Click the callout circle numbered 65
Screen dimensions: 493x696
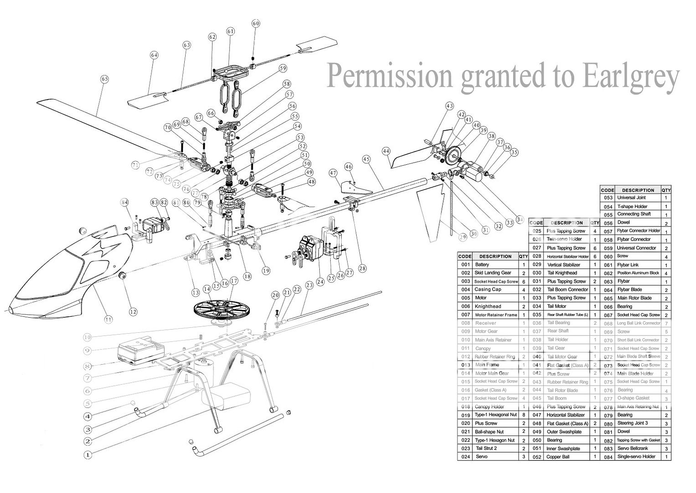pos(105,79)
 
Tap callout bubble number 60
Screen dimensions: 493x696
pos(255,23)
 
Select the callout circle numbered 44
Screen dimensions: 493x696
pos(386,151)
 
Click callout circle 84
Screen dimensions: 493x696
pos(124,202)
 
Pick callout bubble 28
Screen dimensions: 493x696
pos(362,268)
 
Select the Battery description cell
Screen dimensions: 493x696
pos(482,265)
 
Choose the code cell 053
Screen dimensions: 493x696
pos(608,198)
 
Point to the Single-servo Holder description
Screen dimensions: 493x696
pos(636,456)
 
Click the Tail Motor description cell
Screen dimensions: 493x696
pos(557,306)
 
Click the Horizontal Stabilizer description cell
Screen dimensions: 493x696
pos(566,415)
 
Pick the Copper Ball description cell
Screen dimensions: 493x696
pos(558,457)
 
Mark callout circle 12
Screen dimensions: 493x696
pos(133,312)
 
